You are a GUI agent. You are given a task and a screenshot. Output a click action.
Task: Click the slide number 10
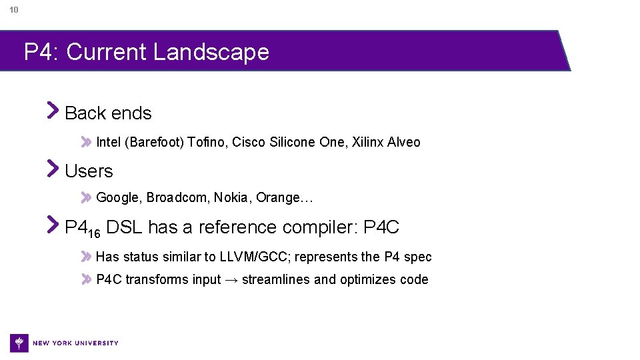click(14, 10)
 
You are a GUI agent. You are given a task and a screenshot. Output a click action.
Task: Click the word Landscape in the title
click(211, 52)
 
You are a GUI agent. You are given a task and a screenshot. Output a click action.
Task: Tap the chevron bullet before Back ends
click(53, 110)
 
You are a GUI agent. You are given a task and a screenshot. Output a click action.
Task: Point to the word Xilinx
click(368, 142)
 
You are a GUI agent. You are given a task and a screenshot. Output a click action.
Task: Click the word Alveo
click(405, 142)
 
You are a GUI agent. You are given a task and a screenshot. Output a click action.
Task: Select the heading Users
click(89, 171)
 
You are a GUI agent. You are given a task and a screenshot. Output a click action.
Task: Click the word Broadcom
click(178, 198)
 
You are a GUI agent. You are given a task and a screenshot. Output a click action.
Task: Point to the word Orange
click(279, 198)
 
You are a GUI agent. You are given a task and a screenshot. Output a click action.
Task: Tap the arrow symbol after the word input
click(231, 280)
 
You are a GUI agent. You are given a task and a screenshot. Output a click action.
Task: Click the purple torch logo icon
click(19, 343)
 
